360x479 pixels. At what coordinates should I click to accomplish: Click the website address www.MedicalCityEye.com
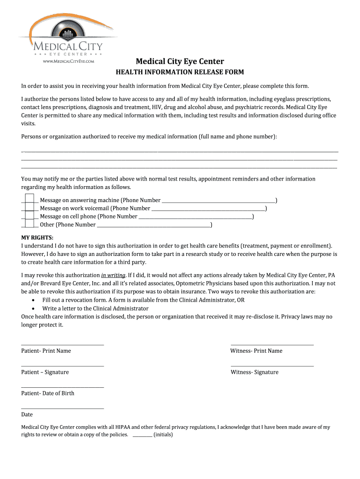point(69,61)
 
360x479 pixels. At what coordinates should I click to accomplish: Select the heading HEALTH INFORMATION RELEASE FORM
point(180,72)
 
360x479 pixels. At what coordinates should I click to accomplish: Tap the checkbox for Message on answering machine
point(29,199)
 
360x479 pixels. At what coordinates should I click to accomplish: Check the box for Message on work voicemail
point(29,208)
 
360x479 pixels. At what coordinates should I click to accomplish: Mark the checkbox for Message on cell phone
point(29,216)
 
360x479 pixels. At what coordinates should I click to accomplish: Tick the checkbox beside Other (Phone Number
point(29,224)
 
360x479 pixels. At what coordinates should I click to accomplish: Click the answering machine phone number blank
point(218,201)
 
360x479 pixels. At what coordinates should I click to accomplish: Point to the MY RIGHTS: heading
point(37,237)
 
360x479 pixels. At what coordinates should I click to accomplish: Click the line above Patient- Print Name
point(63,345)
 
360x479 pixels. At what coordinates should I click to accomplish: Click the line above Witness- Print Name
point(272,345)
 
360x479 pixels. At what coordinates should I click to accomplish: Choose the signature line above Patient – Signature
point(63,366)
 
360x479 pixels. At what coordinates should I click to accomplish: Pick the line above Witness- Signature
point(272,366)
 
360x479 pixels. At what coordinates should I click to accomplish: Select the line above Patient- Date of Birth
point(63,387)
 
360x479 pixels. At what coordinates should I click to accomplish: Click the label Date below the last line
point(27,414)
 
